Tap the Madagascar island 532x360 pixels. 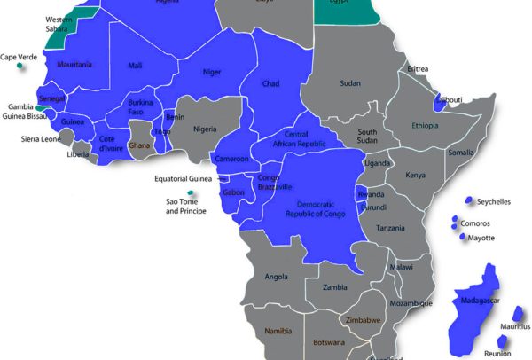474,306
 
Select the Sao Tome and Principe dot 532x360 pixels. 190,193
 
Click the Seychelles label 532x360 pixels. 493,202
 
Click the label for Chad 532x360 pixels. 272,83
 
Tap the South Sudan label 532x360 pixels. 367,137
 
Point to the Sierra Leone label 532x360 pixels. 41,139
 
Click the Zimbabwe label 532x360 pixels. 363,320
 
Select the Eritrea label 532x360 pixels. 418,69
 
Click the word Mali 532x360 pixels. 135,65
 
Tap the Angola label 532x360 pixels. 277,276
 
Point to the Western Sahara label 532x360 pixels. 59,24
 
